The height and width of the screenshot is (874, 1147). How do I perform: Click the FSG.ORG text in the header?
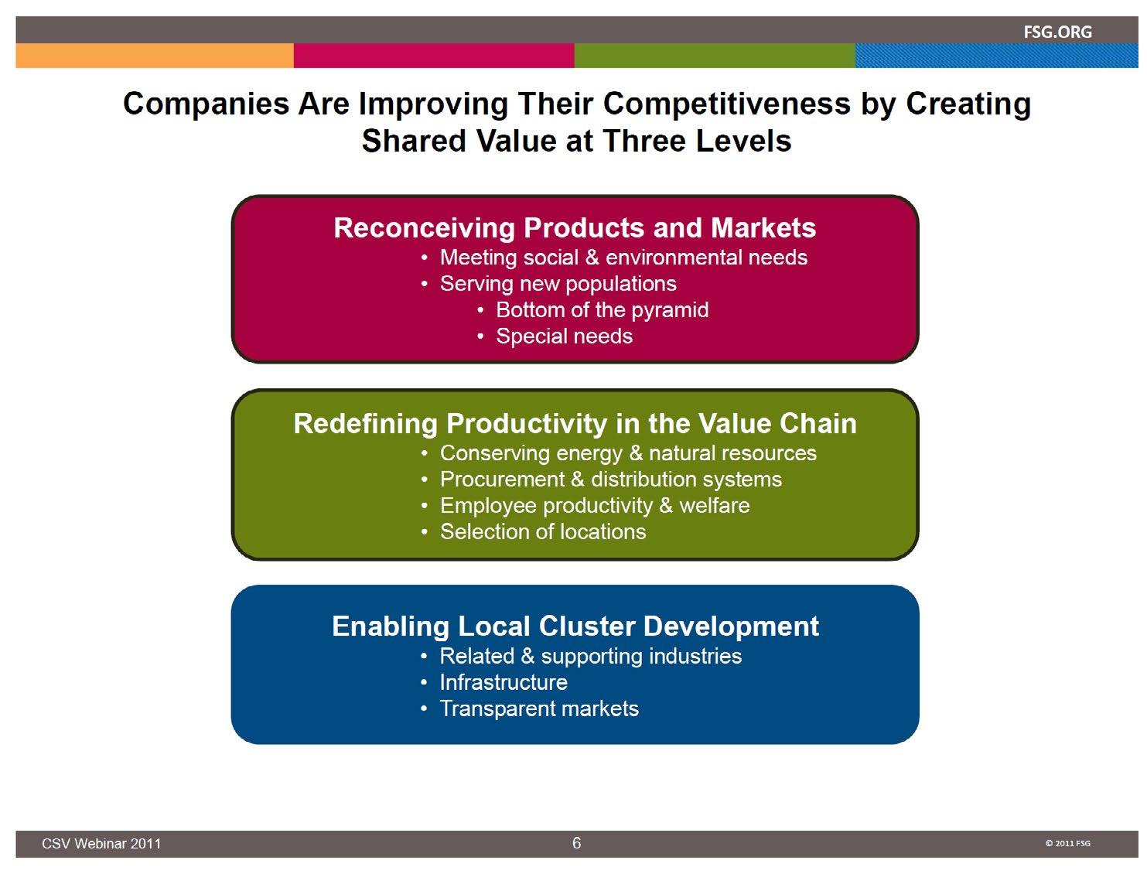(1057, 32)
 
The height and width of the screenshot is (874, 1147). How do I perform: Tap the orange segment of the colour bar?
(155, 56)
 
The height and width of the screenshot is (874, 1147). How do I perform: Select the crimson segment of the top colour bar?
(434, 56)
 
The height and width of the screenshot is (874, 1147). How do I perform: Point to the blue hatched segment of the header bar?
(996, 56)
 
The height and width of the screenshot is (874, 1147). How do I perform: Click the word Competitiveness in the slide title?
(727, 103)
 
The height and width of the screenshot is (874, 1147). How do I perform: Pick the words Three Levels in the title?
(697, 141)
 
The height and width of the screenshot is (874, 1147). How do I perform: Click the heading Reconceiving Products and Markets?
(575, 227)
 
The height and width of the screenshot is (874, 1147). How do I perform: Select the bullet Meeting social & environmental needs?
(623, 257)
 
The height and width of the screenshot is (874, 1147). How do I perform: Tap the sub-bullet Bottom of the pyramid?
(603, 310)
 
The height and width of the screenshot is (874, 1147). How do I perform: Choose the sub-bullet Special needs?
(565, 336)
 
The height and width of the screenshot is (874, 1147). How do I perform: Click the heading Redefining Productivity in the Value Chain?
(575, 423)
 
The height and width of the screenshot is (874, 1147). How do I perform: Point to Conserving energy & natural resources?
(628, 453)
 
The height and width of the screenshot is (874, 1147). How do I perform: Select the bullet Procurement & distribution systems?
(611, 479)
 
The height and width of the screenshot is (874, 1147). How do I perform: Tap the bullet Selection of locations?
(543, 531)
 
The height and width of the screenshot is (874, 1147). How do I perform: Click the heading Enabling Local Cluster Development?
(575, 626)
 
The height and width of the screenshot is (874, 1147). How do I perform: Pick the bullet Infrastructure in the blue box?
(504, 682)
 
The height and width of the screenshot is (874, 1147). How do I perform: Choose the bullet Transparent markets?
(539, 709)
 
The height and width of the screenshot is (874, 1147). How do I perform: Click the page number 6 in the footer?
(576, 842)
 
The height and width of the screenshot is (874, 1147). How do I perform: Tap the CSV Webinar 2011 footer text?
(101, 844)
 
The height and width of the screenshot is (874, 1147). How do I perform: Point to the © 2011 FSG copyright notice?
(1067, 843)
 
